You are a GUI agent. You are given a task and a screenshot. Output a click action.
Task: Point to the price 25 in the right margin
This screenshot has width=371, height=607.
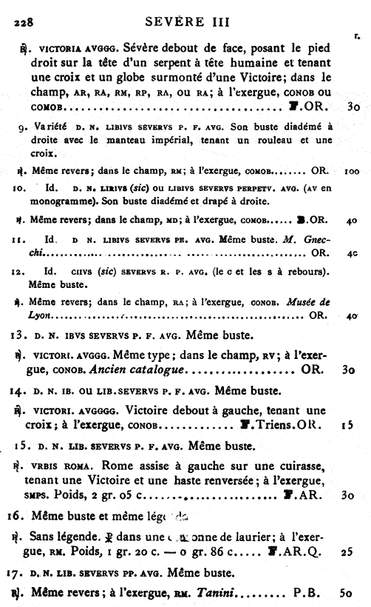click(x=351, y=551)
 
